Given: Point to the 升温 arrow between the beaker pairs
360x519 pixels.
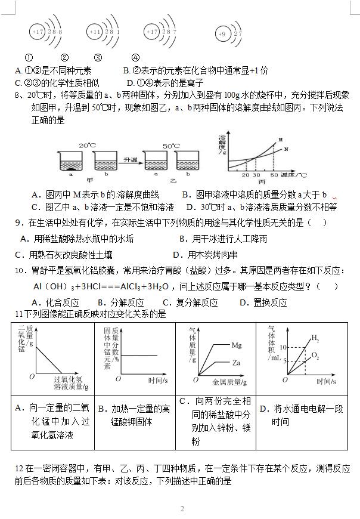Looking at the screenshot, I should (x=131, y=160).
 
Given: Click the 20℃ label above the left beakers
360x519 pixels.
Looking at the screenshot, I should (x=87, y=145).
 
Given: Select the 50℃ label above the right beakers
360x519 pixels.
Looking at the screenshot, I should (x=172, y=145).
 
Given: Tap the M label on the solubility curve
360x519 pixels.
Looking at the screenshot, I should (x=280, y=140).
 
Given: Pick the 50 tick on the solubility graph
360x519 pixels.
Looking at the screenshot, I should (x=274, y=175).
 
